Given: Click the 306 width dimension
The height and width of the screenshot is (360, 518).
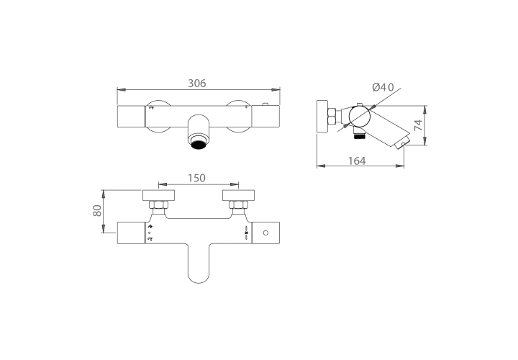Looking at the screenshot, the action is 197,84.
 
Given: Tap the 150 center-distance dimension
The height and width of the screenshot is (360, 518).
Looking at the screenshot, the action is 196,178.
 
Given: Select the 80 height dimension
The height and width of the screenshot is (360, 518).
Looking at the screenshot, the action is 97,210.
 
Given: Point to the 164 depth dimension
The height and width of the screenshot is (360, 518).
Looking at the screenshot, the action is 357,161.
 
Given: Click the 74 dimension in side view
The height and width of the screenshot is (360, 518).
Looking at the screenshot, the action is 418,125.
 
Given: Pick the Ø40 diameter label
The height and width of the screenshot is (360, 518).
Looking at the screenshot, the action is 383,87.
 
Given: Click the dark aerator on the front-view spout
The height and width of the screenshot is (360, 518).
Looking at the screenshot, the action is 199,145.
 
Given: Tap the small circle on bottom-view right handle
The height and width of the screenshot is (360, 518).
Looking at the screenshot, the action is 265,233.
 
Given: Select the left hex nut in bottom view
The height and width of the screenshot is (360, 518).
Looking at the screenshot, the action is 158,205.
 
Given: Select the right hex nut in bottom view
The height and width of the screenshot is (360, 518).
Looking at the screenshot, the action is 239,205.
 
